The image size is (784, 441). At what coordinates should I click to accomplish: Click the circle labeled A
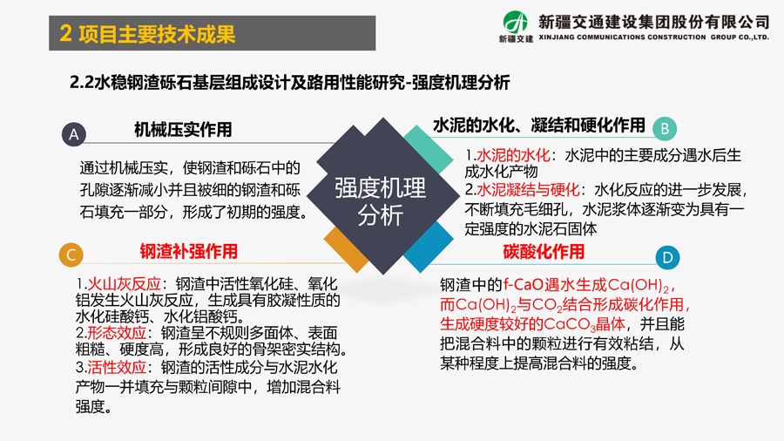click(74, 134)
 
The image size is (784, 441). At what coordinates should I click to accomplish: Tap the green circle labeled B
click(665, 128)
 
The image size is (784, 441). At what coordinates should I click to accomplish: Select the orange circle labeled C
click(71, 255)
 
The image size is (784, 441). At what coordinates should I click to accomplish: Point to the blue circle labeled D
click(667, 257)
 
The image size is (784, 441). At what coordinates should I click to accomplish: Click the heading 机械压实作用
click(183, 130)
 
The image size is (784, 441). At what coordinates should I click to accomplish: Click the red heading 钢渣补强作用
click(188, 252)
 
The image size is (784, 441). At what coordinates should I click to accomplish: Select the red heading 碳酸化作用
click(544, 252)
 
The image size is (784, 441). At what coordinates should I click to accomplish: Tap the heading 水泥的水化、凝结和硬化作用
click(539, 125)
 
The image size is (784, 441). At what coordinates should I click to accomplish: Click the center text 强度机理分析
click(381, 201)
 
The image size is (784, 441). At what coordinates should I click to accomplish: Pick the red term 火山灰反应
click(124, 284)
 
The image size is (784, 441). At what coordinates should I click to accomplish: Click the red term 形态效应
click(117, 333)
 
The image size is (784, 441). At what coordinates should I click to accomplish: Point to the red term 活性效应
click(117, 368)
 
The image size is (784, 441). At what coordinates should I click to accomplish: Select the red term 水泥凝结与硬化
click(528, 190)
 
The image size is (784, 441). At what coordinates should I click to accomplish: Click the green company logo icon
click(516, 23)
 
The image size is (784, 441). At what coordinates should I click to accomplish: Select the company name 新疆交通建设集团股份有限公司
click(653, 22)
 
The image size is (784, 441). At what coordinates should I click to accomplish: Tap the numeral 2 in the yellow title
click(65, 33)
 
